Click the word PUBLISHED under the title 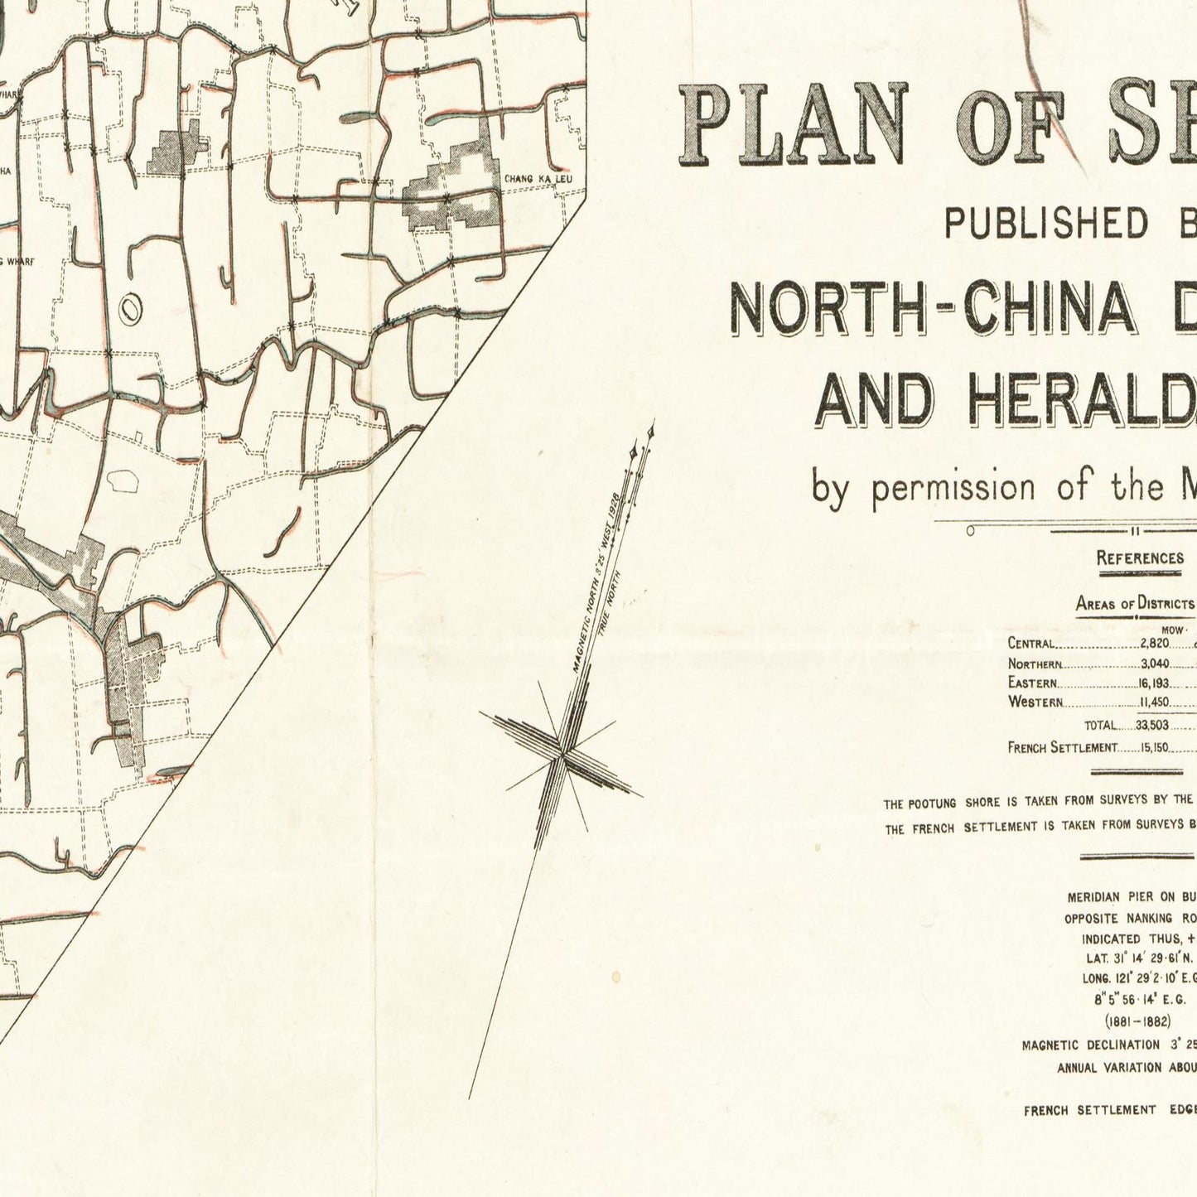pos(1046,223)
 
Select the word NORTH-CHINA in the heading pos(931,308)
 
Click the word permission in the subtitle pos(953,486)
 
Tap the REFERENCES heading pos(1140,558)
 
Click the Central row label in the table pos(1031,644)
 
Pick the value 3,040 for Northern pos(1154,664)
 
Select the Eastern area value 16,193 pos(1152,683)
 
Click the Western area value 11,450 pos(1154,702)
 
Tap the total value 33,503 pos(1152,725)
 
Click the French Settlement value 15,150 pos(1152,747)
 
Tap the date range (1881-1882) pos(1137,1021)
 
